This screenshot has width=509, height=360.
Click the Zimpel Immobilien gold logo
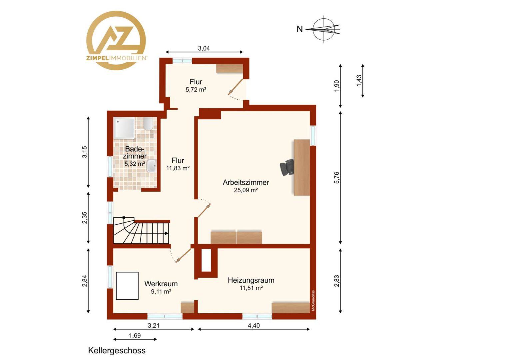point(116,40)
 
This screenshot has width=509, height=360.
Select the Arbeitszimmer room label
point(246,182)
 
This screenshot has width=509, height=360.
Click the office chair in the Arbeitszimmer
point(287,167)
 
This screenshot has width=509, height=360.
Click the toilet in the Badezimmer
point(148,124)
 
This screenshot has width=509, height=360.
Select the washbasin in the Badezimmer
point(151,166)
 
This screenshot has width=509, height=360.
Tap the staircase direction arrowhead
point(167,233)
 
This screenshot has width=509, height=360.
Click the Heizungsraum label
point(251,280)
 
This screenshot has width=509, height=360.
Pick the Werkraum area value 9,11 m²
point(161,291)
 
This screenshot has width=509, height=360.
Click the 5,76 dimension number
point(337,178)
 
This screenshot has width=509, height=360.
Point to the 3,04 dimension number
point(204,48)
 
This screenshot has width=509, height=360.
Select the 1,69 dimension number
point(135,335)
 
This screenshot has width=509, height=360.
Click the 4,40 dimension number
point(254,325)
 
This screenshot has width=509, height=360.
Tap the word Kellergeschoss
point(117,350)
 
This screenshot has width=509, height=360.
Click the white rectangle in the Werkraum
point(127,286)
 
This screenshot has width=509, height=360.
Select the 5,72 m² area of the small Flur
point(196,90)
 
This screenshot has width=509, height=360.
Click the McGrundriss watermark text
point(313,300)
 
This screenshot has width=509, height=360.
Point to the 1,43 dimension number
point(359,81)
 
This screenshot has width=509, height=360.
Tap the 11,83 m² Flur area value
point(178,168)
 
